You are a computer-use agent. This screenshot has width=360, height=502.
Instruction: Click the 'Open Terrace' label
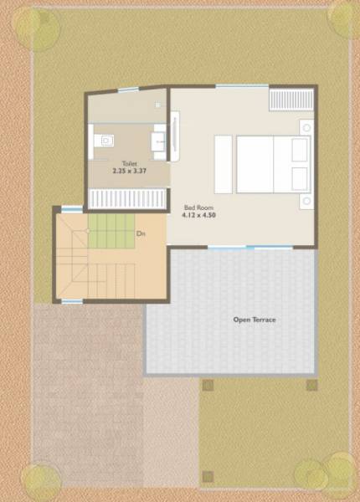(254, 320)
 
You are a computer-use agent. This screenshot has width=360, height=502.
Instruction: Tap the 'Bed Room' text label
(198, 206)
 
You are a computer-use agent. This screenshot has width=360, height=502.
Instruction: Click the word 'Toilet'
(129, 164)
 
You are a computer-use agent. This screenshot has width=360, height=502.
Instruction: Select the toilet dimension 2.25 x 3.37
(129, 172)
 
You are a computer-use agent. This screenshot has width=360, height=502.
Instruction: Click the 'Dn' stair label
(141, 233)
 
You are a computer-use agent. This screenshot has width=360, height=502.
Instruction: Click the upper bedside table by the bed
(306, 127)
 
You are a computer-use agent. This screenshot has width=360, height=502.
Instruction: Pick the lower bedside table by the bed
(306, 202)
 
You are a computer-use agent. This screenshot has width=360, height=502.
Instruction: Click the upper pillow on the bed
(300, 151)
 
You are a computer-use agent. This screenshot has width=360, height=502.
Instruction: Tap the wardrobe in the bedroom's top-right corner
(291, 100)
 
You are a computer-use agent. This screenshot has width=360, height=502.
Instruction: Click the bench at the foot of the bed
(223, 165)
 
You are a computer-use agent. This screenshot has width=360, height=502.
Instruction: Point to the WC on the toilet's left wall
(103, 140)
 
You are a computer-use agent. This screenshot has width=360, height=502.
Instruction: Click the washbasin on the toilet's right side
(159, 140)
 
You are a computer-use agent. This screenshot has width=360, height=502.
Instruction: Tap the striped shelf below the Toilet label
(128, 198)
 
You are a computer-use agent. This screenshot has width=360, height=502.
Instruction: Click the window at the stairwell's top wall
(72, 209)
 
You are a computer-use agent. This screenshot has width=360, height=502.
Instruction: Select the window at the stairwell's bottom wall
(72, 300)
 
